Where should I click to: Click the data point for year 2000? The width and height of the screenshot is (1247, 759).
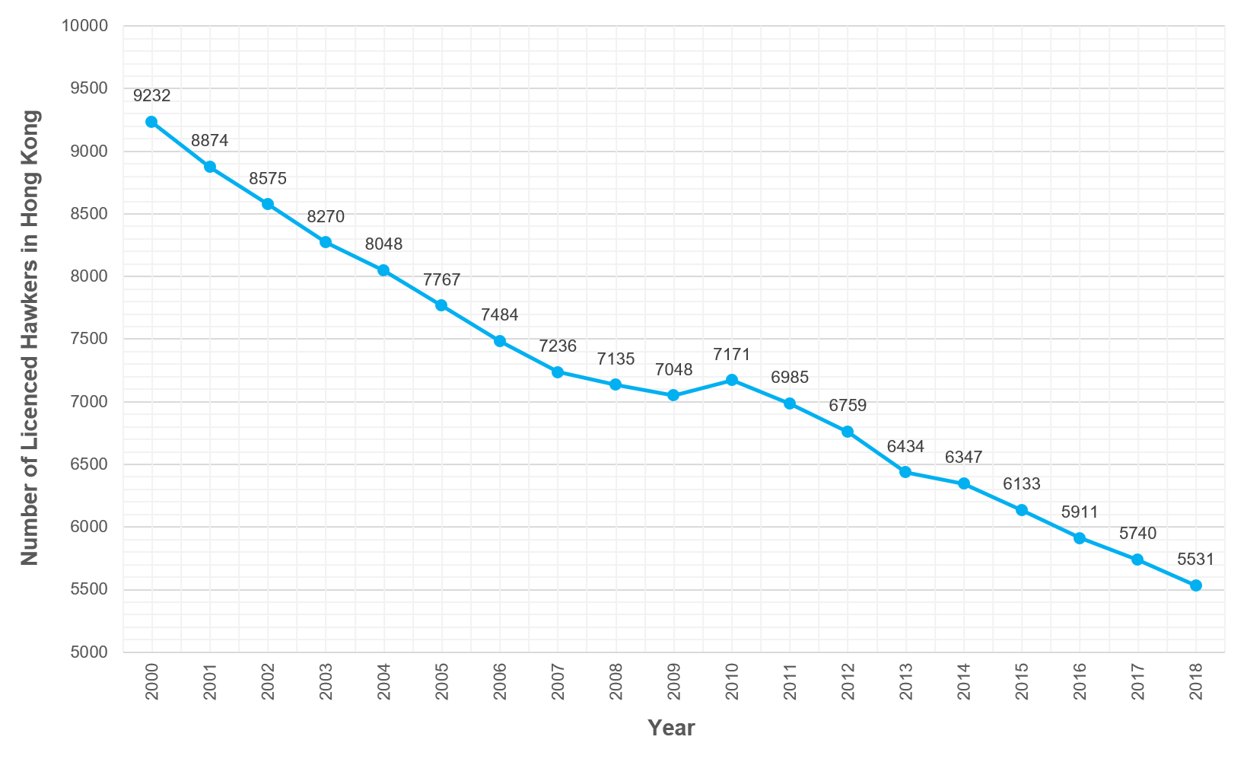click(151, 122)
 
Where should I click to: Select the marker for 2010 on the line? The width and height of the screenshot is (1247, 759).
click(731, 380)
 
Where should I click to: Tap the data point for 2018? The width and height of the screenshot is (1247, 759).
click(1195, 585)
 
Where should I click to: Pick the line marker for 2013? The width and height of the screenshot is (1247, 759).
click(905, 472)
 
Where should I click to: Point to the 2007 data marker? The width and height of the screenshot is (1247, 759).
click(558, 372)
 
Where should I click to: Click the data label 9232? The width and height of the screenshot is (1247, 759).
click(151, 96)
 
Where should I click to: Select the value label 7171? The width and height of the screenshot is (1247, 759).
click(731, 355)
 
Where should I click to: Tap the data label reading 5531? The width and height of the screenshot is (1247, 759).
click(1195, 560)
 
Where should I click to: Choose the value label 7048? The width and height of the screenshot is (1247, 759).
click(673, 370)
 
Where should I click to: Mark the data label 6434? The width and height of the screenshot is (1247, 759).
click(905, 447)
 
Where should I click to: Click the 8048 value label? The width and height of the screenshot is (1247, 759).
click(383, 244)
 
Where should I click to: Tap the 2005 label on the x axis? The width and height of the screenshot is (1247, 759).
click(441, 681)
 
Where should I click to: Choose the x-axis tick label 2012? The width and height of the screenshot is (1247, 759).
click(848, 681)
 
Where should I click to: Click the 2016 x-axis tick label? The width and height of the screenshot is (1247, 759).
click(1080, 681)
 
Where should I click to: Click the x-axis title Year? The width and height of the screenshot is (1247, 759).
click(671, 728)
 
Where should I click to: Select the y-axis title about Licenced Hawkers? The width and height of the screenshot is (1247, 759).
click(30, 338)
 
